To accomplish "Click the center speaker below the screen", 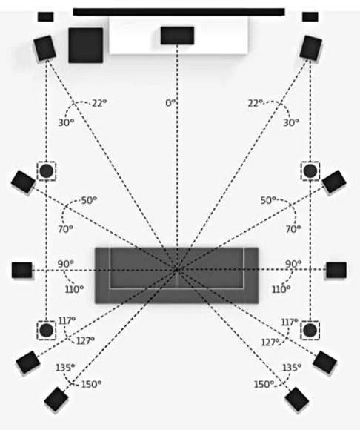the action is point(177,36).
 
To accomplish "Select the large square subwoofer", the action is point(86,45).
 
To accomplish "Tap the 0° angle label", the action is point(170,103).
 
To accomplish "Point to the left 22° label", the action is point(99,103).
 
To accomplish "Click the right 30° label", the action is point(291,122).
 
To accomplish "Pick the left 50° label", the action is point(90,200).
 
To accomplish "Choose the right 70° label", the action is point(293,228).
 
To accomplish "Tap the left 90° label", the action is point(66,264).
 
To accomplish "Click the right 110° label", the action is point(281,289).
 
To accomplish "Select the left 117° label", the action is point(67,320).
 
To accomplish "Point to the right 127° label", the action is point(270,343).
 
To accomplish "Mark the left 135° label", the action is point(65,368).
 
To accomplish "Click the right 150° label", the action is point(264,385).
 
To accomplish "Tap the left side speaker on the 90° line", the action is point(22,270).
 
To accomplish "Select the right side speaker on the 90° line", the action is point(336,270).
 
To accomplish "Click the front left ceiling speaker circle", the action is point(47,171).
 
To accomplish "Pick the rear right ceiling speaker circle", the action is point(310,330).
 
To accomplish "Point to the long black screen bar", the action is point(179,12).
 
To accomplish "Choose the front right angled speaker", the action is point(310,47).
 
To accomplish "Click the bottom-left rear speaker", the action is point(56,400).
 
